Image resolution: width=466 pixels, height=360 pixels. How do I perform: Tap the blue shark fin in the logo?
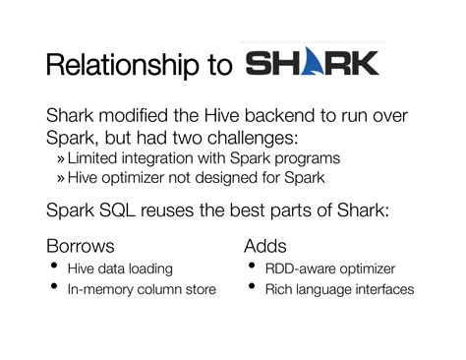tap(312, 61)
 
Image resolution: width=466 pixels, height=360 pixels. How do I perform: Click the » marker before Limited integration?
tap(60, 159)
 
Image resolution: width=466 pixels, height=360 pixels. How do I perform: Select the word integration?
tap(157, 158)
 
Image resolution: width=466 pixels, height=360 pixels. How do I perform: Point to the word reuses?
tap(167, 210)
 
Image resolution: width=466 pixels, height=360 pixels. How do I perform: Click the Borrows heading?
tap(81, 246)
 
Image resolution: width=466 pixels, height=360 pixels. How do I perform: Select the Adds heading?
tap(265, 246)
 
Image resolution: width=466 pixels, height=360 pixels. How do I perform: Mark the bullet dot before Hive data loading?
tap(54, 265)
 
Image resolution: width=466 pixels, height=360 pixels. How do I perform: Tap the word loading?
tap(150, 270)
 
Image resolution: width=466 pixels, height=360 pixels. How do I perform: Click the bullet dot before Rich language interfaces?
tap(252, 286)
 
